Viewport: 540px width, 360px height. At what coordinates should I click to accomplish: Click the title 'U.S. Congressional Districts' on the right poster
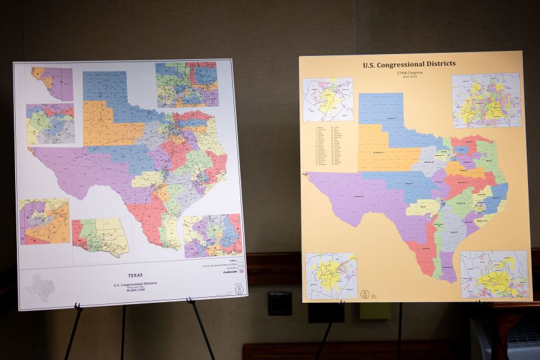(x=409, y=64)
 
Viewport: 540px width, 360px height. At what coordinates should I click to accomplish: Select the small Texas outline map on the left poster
(x=40, y=288)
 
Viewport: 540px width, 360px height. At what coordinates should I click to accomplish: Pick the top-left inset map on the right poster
(x=328, y=99)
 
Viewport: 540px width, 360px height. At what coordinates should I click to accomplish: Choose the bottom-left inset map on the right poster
(x=331, y=276)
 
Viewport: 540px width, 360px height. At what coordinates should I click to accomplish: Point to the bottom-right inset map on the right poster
(x=494, y=275)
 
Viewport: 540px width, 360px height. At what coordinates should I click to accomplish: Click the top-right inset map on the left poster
(x=186, y=84)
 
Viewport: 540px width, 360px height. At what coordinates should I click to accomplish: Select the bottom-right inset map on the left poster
(x=212, y=236)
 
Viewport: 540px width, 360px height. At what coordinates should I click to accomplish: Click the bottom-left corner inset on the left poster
(x=43, y=221)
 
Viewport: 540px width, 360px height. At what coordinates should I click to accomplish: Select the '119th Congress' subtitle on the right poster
(x=409, y=74)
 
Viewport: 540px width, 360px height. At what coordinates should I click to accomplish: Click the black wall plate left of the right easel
(x=279, y=303)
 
